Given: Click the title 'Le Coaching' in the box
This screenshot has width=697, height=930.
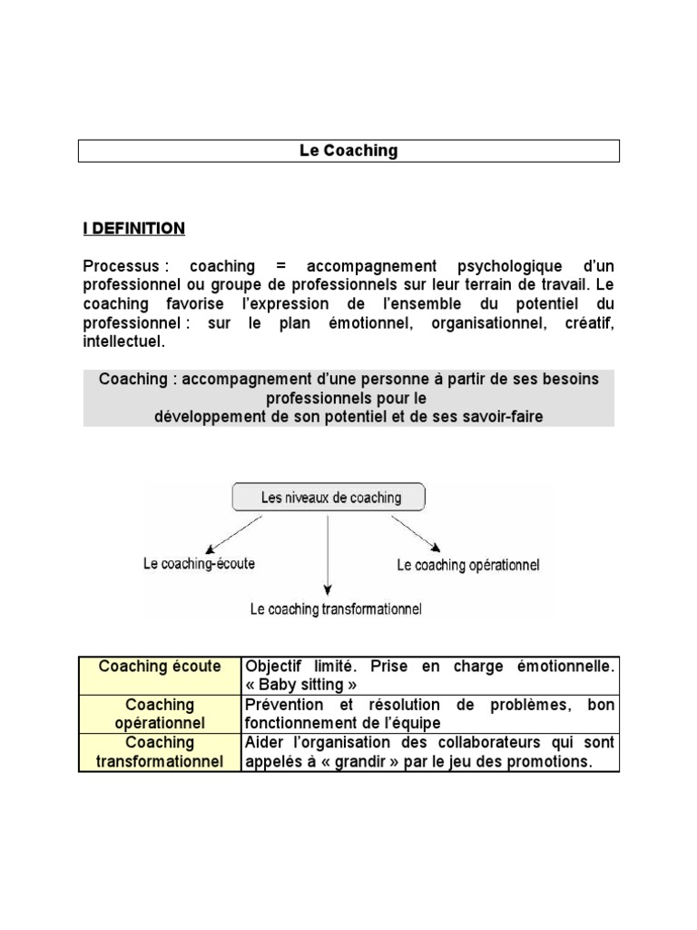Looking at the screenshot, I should click(x=348, y=151).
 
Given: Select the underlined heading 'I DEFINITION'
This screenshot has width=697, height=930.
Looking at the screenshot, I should click(x=133, y=229).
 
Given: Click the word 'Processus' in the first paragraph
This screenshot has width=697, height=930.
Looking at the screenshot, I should click(x=122, y=266).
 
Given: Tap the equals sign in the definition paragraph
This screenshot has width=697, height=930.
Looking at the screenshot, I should click(x=280, y=266).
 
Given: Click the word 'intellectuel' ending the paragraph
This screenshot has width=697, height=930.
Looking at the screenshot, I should click(x=123, y=342).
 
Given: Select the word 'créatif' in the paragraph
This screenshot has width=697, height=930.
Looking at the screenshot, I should click(x=586, y=323).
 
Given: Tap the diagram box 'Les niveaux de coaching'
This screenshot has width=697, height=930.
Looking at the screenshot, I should click(x=329, y=498).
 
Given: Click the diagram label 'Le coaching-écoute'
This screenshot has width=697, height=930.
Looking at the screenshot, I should click(x=199, y=563).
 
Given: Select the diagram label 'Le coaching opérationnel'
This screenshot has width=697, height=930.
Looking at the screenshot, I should click(x=468, y=565).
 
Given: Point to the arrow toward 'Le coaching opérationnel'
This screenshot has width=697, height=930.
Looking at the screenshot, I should click(x=417, y=533).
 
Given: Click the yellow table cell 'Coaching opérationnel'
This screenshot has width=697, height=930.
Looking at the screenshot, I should click(x=160, y=713).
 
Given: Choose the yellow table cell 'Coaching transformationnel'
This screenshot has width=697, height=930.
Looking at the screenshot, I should click(x=160, y=752).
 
